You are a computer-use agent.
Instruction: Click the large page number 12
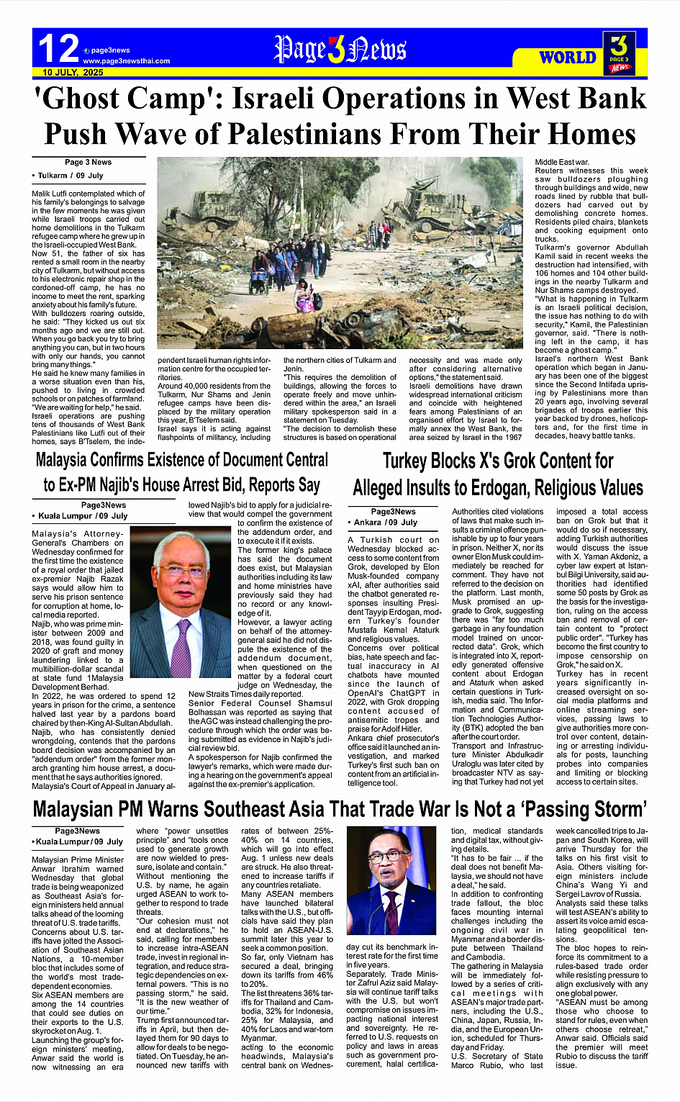coord(58,48)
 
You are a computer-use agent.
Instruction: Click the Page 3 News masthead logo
coord(340,49)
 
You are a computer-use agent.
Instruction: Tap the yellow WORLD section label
coord(568,58)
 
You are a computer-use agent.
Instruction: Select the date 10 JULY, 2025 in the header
coord(73,73)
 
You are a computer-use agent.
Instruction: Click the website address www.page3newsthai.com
coord(126,61)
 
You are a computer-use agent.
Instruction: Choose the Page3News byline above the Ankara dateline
coord(393,512)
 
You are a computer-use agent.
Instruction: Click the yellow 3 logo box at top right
coord(621,53)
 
